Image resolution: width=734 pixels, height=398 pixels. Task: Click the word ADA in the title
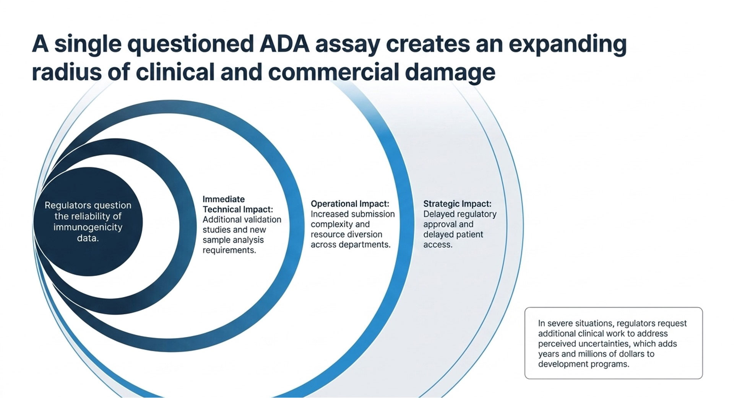pyautogui.click(x=284, y=44)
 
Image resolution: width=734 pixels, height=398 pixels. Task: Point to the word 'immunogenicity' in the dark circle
pyautogui.click(x=88, y=227)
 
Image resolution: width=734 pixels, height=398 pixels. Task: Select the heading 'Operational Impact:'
pyautogui.click(x=350, y=204)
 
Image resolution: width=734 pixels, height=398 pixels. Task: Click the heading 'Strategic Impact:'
pyautogui.click(x=457, y=204)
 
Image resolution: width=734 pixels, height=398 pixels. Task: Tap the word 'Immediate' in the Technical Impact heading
pyautogui.click(x=224, y=199)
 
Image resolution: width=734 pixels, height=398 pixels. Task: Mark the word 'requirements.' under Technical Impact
pyautogui.click(x=229, y=250)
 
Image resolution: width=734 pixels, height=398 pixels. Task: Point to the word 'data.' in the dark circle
pyautogui.click(x=88, y=238)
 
